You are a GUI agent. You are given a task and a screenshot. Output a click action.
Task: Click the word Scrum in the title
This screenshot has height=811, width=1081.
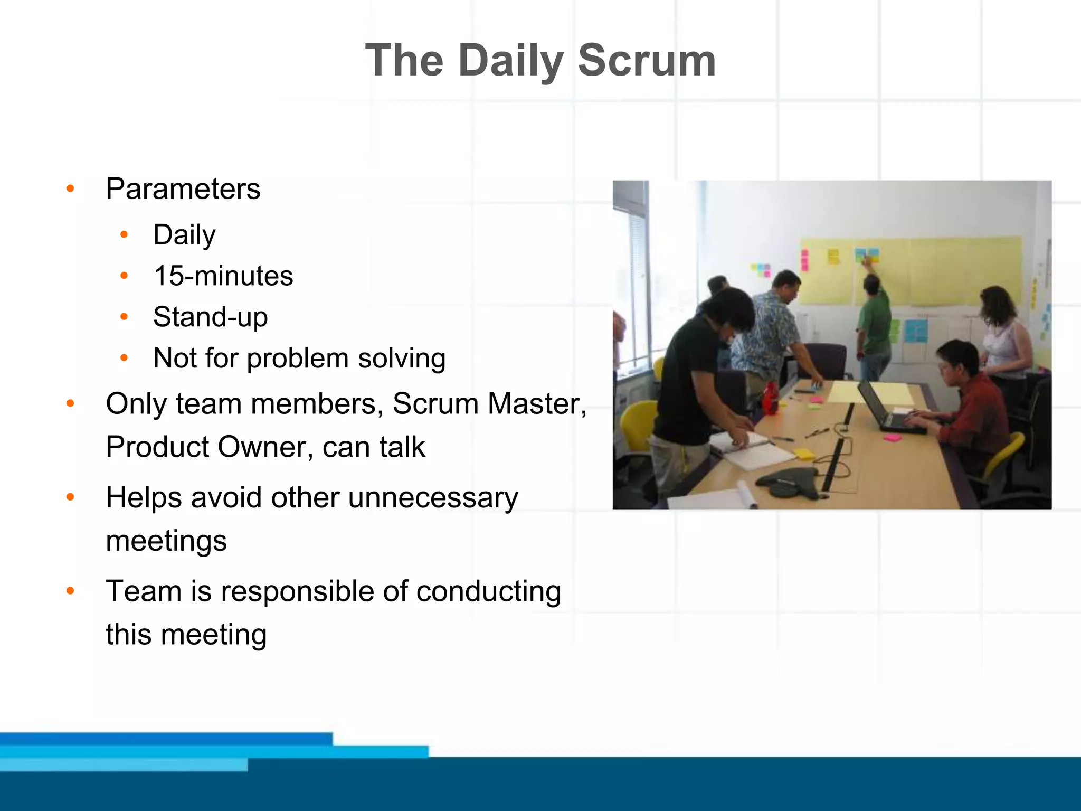coord(647,61)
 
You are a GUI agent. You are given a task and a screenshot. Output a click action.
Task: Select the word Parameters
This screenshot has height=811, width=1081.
coord(183,188)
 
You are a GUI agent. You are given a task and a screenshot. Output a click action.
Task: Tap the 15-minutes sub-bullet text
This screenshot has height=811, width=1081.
coord(223,276)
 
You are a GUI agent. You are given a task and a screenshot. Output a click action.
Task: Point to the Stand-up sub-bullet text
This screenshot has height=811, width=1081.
coord(210,317)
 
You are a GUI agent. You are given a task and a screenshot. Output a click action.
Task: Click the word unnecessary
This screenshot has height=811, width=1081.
coord(433,497)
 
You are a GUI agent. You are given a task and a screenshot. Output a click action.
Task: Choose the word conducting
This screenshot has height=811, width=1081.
coord(488,591)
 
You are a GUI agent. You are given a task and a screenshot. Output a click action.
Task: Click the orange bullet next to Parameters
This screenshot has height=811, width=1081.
coord(70,188)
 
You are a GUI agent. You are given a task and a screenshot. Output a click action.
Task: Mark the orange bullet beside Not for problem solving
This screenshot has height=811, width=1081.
coord(124,358)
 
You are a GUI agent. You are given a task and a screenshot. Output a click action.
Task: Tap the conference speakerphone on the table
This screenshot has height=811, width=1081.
coord(786,482)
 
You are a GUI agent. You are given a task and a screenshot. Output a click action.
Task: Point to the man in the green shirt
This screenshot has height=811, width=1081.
coord(874,322)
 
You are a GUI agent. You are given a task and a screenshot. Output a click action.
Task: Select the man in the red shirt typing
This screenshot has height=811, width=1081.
coord(970,401)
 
